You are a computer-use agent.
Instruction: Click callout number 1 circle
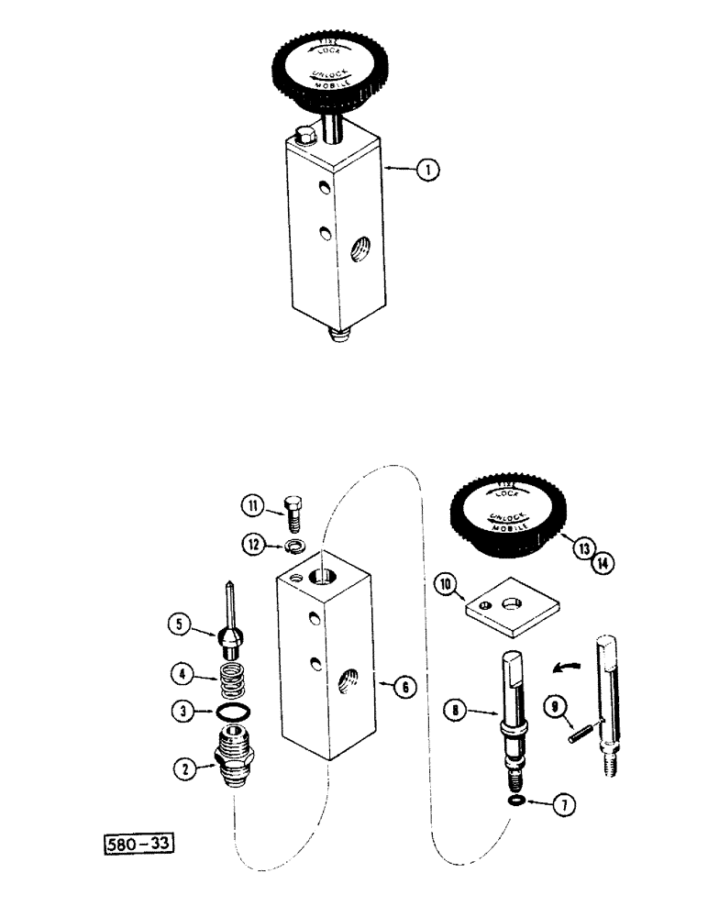425,169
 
